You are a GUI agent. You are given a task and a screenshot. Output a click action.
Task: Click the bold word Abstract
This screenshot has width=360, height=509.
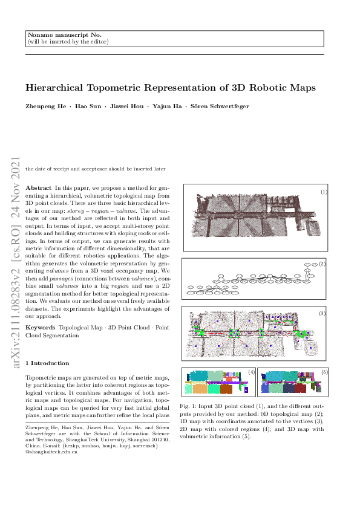point(39,189)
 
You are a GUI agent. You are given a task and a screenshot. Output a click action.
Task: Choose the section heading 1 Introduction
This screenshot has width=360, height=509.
point(47,363)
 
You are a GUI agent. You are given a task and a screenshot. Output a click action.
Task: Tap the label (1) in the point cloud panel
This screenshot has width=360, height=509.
point(324,192)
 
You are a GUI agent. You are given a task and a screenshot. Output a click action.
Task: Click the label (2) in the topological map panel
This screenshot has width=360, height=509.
point(322,264)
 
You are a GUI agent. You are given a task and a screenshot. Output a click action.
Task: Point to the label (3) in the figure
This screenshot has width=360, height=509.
point(322,313)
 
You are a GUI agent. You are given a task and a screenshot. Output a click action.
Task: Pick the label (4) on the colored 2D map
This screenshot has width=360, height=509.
point(251,371)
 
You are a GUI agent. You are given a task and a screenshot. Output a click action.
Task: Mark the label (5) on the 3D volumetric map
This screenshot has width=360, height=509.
point(324,371)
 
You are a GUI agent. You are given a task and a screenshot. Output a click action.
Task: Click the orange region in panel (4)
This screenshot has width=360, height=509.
point(226,389)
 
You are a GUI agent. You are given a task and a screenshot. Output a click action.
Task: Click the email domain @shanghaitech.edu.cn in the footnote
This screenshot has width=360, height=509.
point(51,452)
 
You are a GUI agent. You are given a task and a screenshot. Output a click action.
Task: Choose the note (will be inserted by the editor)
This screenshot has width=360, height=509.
point(68,42)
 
